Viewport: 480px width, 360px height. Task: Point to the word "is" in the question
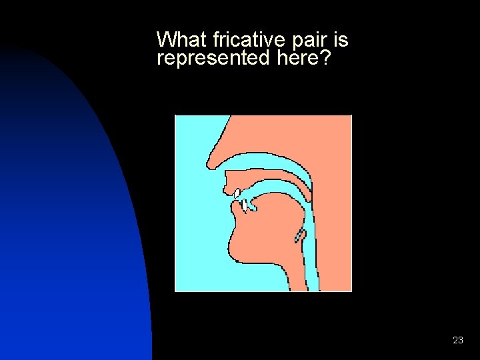[x=340, y=40]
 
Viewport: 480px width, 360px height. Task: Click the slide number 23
[x=457, y=340]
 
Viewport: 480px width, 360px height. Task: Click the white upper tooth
[x=237, y=193]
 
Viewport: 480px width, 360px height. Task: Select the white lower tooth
[x=245, y=204]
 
